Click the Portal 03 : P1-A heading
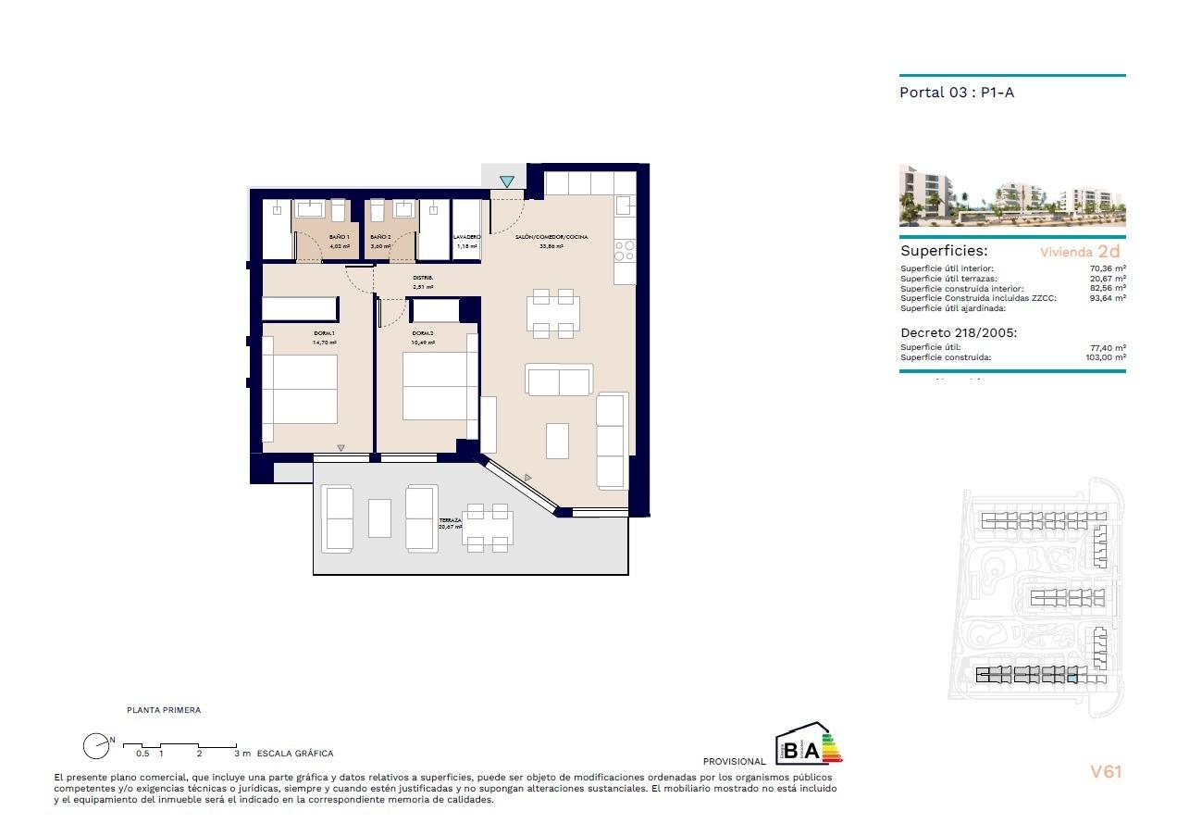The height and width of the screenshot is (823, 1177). (957, 93)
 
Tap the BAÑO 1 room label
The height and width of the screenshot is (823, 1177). (340, 238)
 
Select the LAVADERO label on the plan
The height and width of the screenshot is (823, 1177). (467, 238)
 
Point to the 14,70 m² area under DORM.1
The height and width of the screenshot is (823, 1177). (324, 343)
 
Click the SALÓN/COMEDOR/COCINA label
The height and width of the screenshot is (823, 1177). (551, 238)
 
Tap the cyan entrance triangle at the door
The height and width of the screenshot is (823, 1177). (507, 181)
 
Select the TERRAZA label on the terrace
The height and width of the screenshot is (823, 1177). (451, 521)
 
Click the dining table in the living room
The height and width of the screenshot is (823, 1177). (553, 313)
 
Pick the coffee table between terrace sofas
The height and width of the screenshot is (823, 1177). (379, 518)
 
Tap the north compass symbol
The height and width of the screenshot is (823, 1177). (96, 745)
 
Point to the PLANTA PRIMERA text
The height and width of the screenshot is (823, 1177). (164, 710)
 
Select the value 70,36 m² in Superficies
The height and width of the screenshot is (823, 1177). (1108, 268)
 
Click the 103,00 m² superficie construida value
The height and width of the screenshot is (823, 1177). (1107, 357)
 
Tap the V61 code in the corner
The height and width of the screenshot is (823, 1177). (1106, 771)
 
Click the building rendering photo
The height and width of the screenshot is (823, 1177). (1012, 196)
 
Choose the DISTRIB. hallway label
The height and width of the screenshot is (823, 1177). (423, 278)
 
